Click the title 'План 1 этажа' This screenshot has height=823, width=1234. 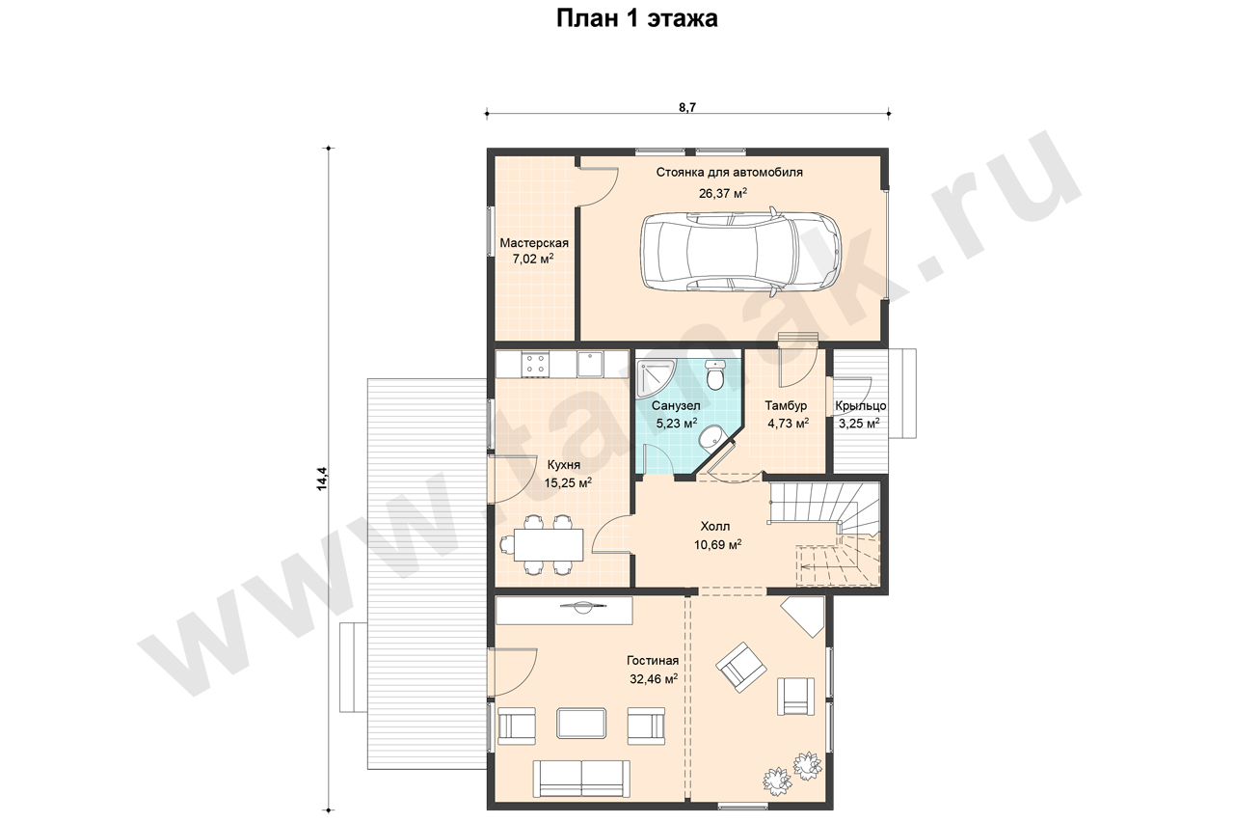(636, 18)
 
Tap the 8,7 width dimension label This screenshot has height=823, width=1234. (687, 107)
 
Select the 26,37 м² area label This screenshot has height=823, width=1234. (723, 193)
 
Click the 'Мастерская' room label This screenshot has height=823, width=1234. (534, 243)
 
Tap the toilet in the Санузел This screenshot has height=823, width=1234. (716, 375)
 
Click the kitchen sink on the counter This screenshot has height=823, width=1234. (590, 364)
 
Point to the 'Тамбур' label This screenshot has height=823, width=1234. (786, 406)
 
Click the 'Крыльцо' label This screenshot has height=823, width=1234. (861, 406)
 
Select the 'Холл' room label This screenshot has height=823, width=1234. (715, 526)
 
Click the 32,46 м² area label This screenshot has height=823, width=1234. (654, 679)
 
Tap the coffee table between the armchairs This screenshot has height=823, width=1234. (581, 724)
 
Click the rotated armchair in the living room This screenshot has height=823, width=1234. (741, 667)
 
